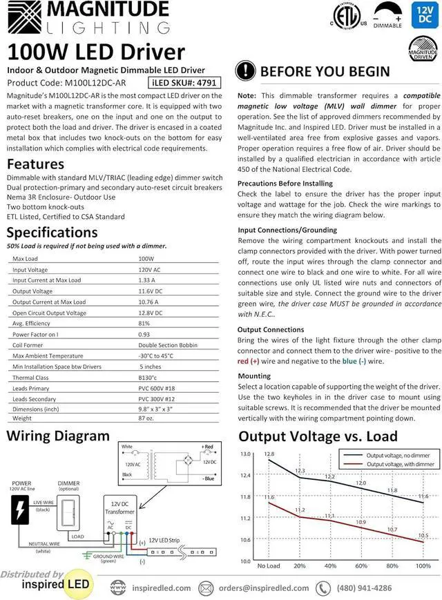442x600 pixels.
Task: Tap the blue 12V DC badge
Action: pos(422,16)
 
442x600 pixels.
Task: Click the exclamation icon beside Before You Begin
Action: pos(246,72)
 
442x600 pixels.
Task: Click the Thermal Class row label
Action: pos(30,378)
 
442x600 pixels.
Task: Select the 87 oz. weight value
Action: pos(146,418)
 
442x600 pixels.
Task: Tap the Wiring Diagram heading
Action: pos(58,436)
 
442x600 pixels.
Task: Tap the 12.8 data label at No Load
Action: pos(269,454)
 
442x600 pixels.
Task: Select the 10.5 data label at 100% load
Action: pos(423,535)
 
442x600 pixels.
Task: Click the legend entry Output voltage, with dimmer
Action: pos(400,465)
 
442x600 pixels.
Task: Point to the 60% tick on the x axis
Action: pos(361,565)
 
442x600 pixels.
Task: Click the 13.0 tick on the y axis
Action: pos(244,454)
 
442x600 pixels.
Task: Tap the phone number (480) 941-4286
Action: pos(364,588)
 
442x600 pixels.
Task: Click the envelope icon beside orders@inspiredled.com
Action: pos(205,588)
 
